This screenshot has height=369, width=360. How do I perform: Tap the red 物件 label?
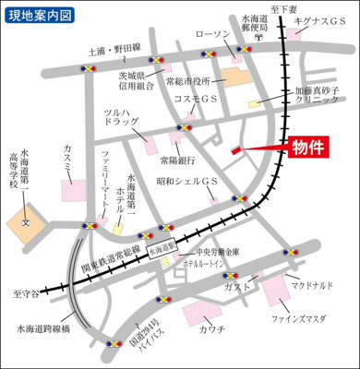(313, 148)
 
